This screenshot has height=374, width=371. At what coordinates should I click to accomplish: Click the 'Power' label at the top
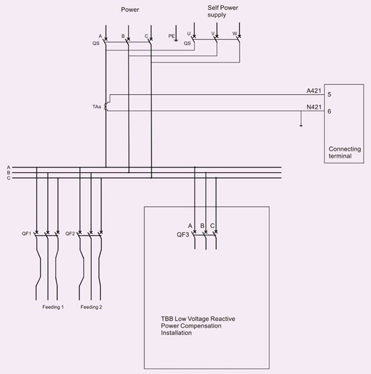pyautogui.click(x=130, y=9)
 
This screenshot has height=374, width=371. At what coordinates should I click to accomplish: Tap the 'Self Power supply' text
pyautogui.click(x=222, y=11)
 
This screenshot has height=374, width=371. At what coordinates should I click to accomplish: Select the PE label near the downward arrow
pyautogui.click(x=172, y=36)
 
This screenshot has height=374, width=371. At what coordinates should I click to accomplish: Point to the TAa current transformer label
pyautogui.click(x=97, y=107)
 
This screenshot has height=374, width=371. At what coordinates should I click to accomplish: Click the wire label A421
pyautogui.click(x=314, y=91)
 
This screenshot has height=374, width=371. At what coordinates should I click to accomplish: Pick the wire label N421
pyautogui.click(x=314, y=107)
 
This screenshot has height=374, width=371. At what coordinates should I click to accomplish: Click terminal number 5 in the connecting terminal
pyautogui.click(x=329, y=94)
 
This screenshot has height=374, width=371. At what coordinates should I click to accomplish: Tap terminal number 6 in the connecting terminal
pyautogui.click(x=329, y=111)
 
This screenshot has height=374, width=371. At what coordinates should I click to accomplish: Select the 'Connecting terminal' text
pyautogui.click(x=345, y=153)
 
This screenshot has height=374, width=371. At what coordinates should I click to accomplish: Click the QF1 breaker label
pyautogui.click(x=26, y=233)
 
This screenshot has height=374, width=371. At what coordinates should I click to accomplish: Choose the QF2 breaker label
pyautogui.click(x=70, y=233)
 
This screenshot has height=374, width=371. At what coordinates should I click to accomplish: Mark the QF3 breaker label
pyautogui.click(x=182, y=235)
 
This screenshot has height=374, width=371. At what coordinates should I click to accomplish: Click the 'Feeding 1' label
pyautogui.click(x=53, y=307)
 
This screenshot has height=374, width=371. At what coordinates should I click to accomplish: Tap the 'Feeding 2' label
pyautogui.click(x=91, y=307)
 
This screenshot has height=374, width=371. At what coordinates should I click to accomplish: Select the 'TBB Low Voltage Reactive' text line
pyautogui.click(x=198, y=319)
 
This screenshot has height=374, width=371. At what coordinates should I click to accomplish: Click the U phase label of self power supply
pyautogui.click(x=189, y=34)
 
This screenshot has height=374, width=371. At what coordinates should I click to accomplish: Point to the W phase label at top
pyautogui.click(x=235, y=34)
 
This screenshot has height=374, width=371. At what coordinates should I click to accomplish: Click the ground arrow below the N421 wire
pyautogui.click(x=301, y=119)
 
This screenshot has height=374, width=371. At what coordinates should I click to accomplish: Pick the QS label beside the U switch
pyautogui.click(x=187, y=43)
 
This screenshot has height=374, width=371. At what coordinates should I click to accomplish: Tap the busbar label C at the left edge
pyautogui.click(x=9, y=178)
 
